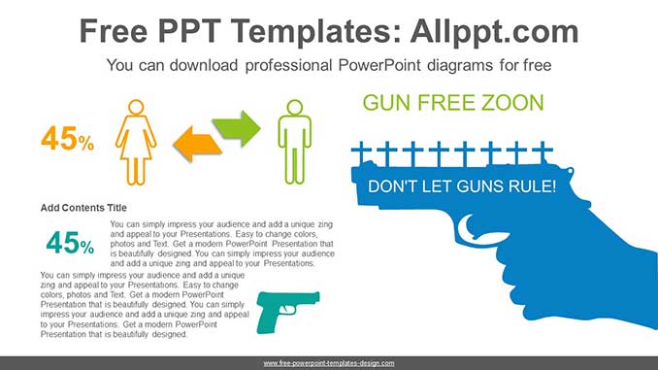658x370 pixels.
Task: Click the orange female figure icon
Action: (x=136, y=143)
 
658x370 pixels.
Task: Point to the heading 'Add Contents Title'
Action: (x=83, y=208)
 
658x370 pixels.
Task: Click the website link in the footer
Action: (x=329, y=362)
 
